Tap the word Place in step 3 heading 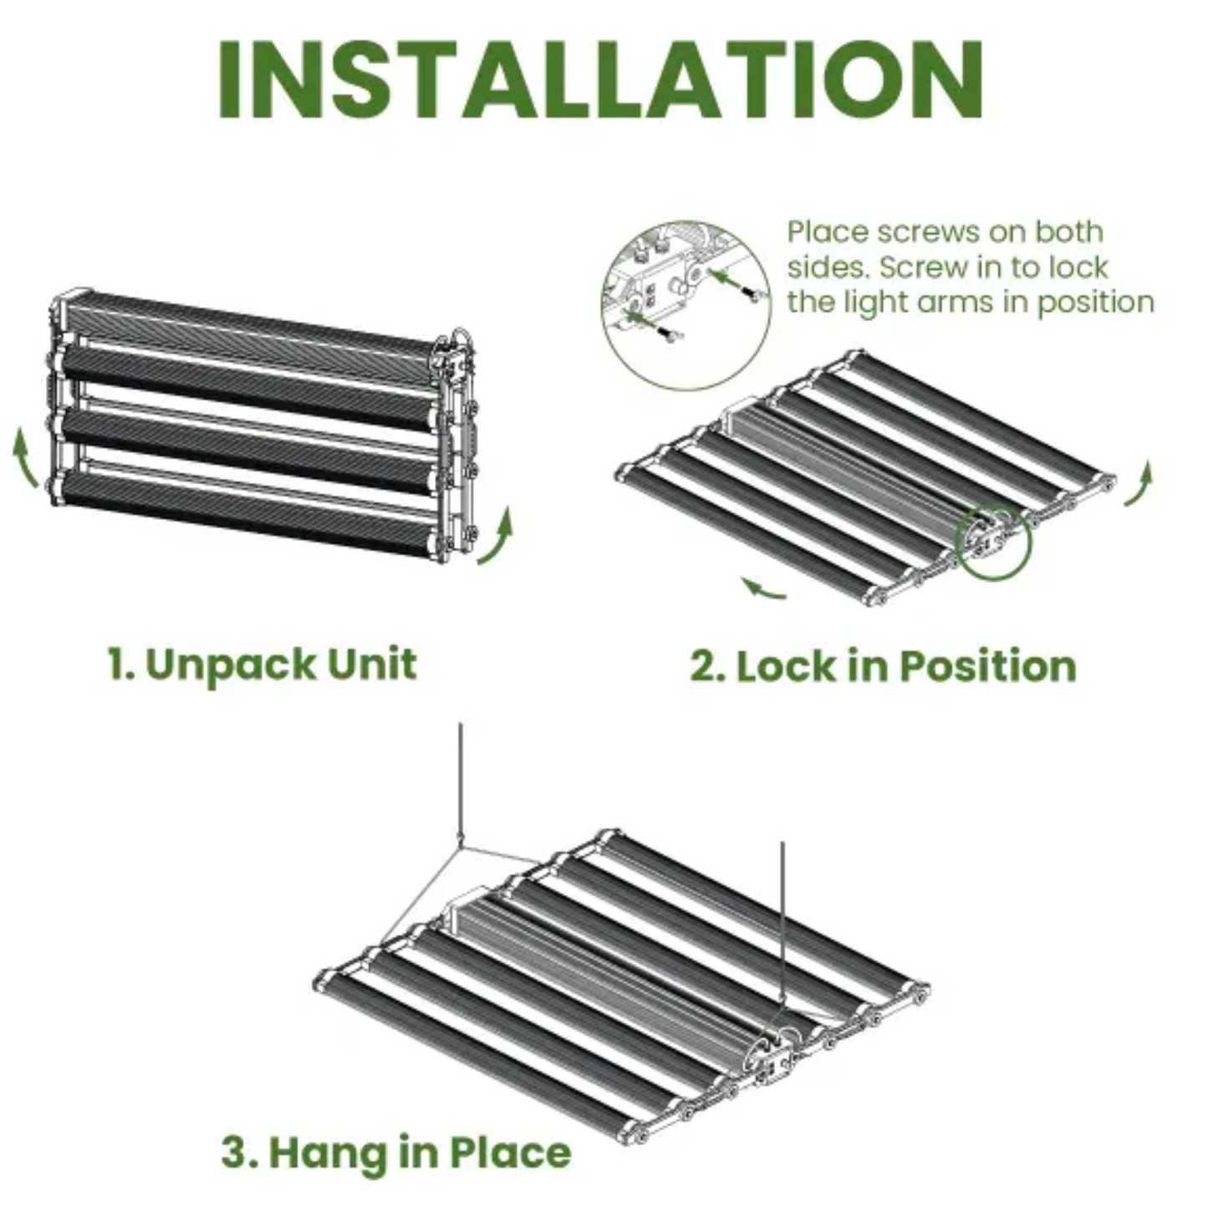[x=511, y=1152]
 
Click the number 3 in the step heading [x=236, y=1153]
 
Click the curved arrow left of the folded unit [x=25, y=456]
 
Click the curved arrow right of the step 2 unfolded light [x=1139, y=485]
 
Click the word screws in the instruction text [x=934, y=232]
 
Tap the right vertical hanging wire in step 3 [x=782, y=920]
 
